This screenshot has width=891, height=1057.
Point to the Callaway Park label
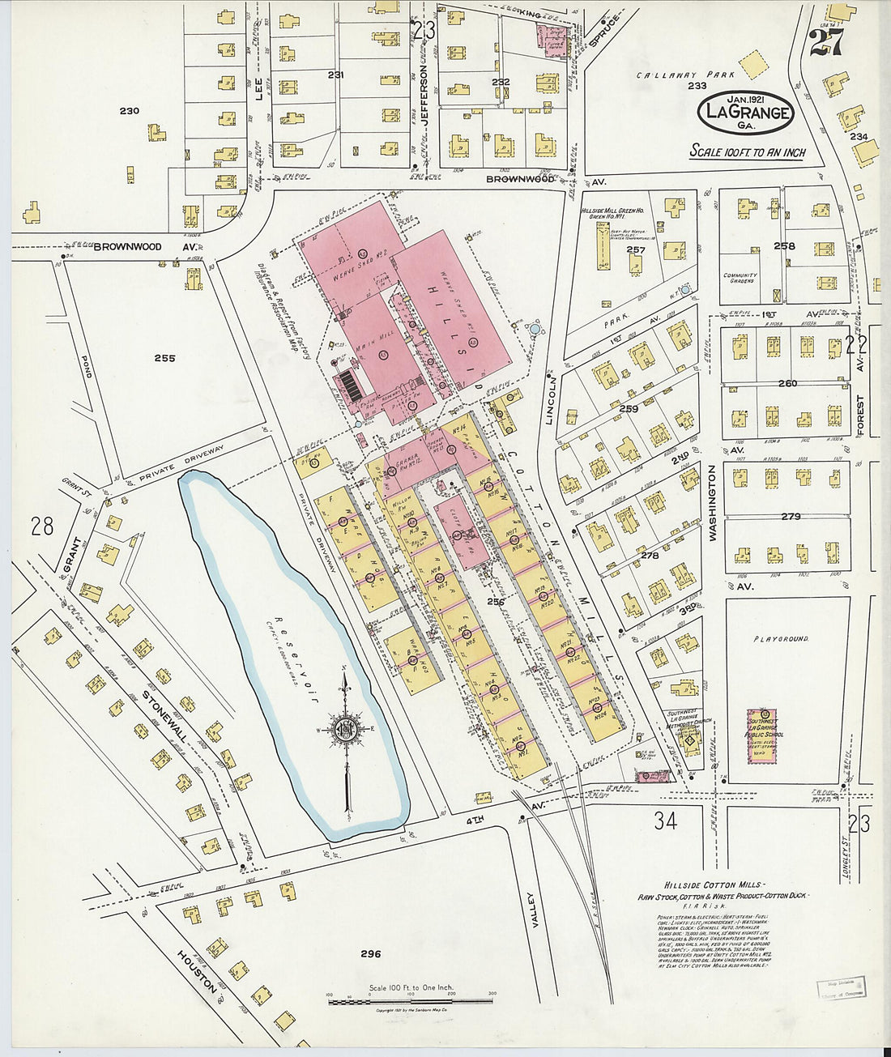point(671,75)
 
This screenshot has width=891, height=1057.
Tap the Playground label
point(781,639)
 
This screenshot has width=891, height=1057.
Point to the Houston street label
point(198,973)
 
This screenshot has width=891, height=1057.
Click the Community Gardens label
point(740,278)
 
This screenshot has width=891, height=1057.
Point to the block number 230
point(129,111)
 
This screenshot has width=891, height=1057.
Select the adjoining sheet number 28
point(42,526)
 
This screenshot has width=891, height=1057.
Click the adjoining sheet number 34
point(666,820)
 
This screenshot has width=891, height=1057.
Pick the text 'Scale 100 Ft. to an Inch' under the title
point(747,151)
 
